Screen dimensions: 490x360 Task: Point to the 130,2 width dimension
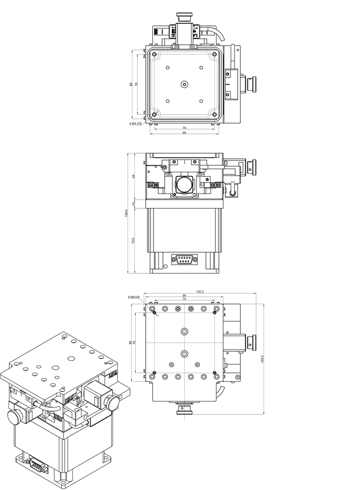(x=199, y=292)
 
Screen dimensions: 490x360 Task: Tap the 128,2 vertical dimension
(x=263, y=359)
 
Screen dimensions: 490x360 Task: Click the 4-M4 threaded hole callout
(x=133, y=297)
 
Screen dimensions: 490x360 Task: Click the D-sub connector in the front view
(x=184, y=259)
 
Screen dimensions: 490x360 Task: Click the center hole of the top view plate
(x=184, y=84)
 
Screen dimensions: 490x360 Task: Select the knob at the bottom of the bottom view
(x=184, y=411)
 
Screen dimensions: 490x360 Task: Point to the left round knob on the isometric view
(x=14, y=416)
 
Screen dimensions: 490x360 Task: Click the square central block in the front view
(x=184, y=184)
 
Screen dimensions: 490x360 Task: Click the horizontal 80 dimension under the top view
(x=184, y=132)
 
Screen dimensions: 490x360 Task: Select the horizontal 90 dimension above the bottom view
(x=184, y=296)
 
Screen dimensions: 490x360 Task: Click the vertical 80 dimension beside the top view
(x=131, y=84)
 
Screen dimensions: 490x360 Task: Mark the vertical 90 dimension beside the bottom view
(x=130, y=342)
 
